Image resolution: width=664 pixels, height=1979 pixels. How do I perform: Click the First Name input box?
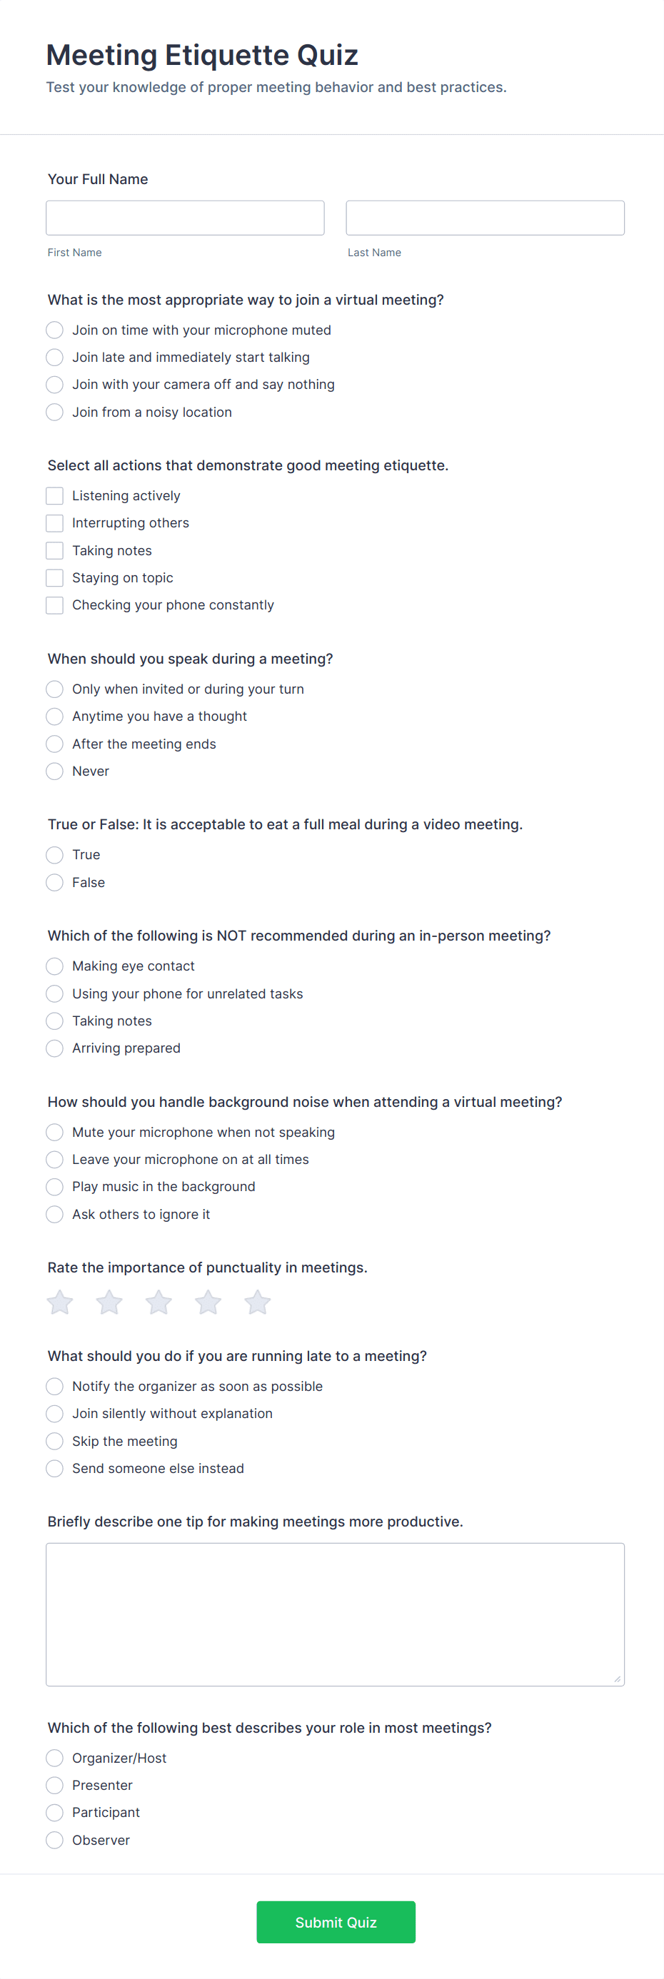(184, 218)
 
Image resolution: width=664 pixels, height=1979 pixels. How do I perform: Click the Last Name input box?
(484, 218)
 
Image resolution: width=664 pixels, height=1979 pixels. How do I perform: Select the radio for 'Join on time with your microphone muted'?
(54, 330)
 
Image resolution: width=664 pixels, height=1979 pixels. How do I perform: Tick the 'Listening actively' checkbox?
(54, 496)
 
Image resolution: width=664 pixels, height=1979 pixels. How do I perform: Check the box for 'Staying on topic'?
(54, 578)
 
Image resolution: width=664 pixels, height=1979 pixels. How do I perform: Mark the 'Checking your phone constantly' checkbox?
(54, 605)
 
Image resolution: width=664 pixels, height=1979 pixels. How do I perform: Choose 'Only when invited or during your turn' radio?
(54, 689)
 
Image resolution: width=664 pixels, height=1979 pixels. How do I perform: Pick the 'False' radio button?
(54, 883)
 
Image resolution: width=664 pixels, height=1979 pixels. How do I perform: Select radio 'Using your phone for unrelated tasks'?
(54, 994)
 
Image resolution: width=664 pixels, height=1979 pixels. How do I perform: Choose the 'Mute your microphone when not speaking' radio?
(54, 1133)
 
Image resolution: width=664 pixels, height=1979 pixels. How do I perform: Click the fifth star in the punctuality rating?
(258, 1302)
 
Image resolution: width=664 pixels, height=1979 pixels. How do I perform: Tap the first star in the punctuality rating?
(60, 1302)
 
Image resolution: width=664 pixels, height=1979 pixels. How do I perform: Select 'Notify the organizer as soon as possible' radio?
(54, 1387)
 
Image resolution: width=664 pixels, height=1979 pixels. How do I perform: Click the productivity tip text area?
(334, 1614)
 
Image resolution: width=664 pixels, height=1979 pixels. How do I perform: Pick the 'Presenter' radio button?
(54, 1786)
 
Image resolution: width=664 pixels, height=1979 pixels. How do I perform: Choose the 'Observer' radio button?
(54, 1840)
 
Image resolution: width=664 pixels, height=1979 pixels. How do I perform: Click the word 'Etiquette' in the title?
(227, 56)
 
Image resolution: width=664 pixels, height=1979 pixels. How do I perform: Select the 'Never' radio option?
(54, 771)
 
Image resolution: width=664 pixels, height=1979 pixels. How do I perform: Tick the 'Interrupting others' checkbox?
(54, 523)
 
